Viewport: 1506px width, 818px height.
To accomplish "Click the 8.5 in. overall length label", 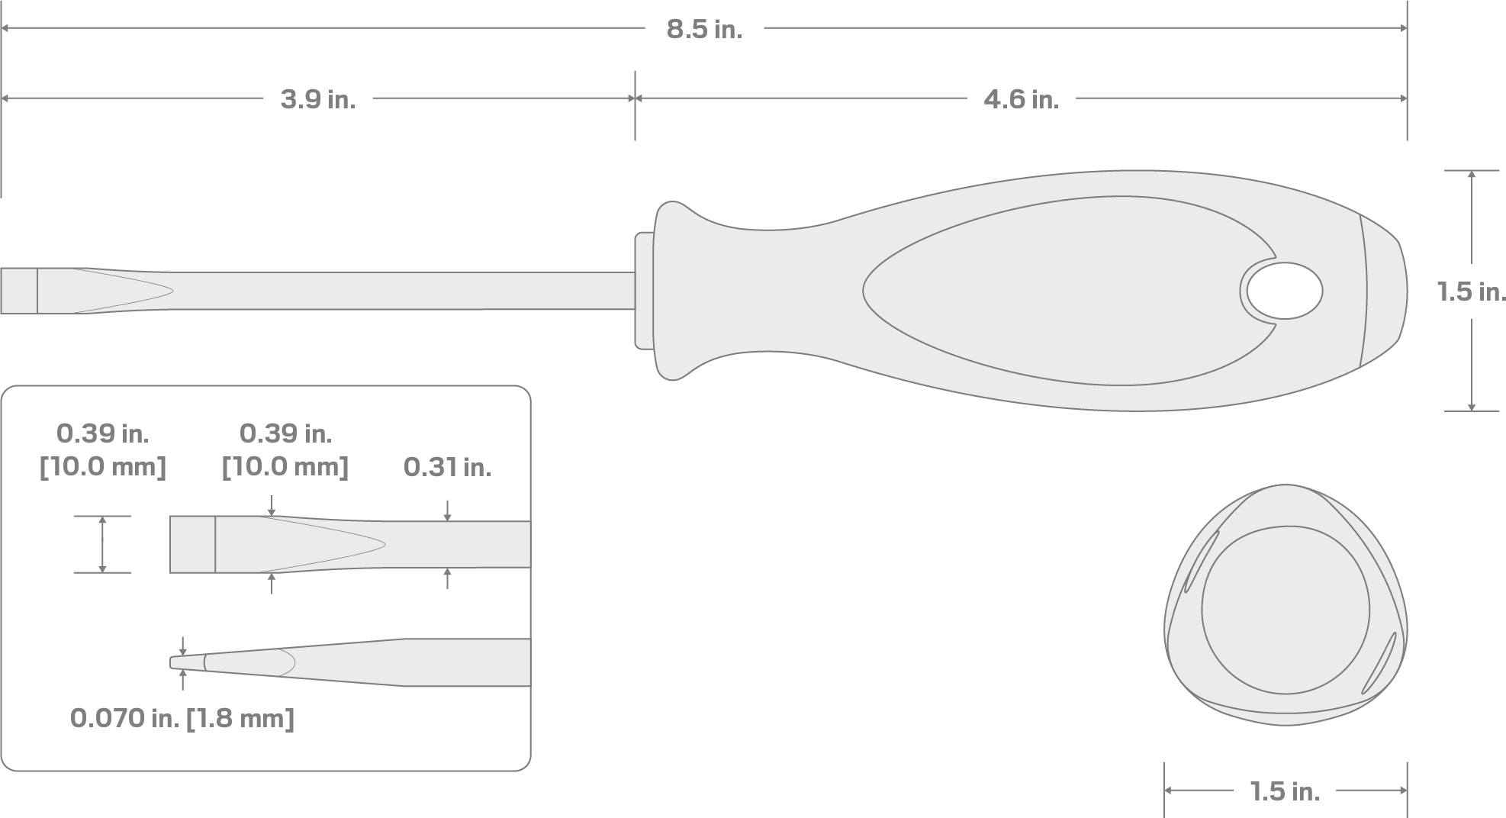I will coord(703,30).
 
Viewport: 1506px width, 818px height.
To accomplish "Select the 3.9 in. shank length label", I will coord(317,99).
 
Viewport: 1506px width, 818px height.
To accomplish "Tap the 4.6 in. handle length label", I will coord(1021,99).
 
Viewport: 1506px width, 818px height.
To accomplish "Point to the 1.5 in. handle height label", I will coord(1471,291).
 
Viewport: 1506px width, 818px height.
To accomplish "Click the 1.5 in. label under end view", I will coord(1285,792).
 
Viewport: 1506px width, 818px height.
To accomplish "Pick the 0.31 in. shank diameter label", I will coord(447,467).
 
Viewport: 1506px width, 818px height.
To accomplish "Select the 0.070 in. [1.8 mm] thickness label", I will coord(182,718).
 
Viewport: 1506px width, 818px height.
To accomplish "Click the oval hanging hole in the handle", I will coord(1285,291).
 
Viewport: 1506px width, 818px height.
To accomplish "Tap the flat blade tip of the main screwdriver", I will coord(18,291).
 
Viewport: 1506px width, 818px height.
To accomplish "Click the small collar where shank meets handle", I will coord(644,291).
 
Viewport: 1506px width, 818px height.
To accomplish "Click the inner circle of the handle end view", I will coord(1285,609).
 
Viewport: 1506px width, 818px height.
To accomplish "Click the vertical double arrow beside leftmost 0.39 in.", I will coord(102,544).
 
